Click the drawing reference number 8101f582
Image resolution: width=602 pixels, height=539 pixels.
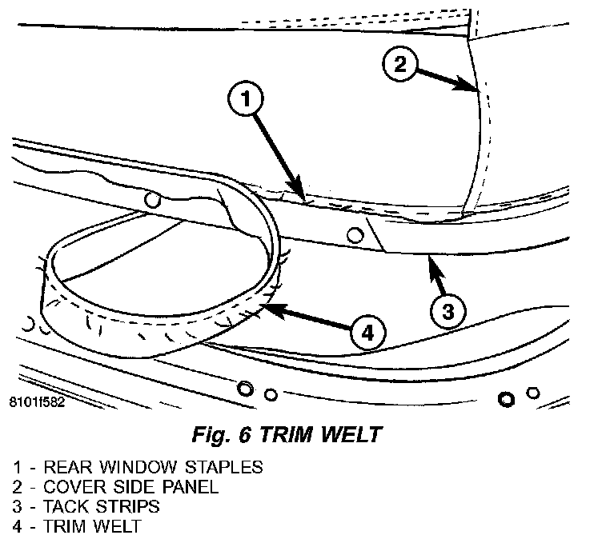33,402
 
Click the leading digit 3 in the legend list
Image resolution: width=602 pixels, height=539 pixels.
17,506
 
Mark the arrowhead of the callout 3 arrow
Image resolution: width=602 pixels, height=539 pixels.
432,259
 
